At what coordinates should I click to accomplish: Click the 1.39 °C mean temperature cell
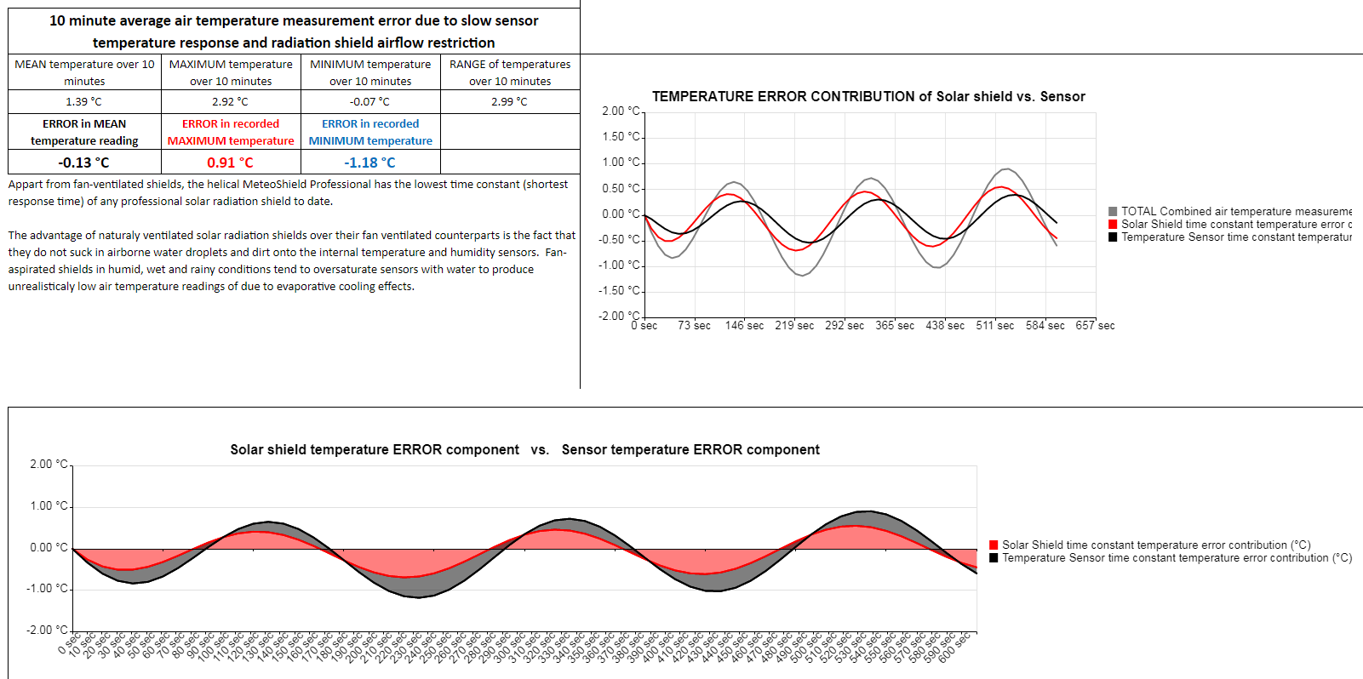tap(83, 101)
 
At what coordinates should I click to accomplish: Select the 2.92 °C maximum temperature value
tap(230, 101)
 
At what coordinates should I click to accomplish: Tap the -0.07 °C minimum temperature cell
tap(369, 101)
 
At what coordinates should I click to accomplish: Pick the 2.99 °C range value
tap(509, 101)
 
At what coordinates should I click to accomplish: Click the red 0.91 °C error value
tap(230, 163)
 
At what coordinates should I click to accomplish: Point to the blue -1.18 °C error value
tap(369, 163)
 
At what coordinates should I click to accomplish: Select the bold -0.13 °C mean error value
tap(83, 163)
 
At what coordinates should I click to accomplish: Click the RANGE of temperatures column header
tap(510, 72)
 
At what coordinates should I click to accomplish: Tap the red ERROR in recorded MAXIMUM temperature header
tap(231, 132)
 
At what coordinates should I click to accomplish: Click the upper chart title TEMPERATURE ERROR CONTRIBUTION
tap(868, 97)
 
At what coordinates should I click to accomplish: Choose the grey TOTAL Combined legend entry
tap(1230, 211)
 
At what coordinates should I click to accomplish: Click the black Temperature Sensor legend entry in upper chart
tap(1230, 237)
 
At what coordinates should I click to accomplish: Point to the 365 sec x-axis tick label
tap(895, 326)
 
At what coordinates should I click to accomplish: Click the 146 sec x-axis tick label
tap(744, 326)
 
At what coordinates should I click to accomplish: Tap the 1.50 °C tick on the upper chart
tap(621, 137)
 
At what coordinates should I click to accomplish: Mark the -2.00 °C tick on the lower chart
tap(49, 630)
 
